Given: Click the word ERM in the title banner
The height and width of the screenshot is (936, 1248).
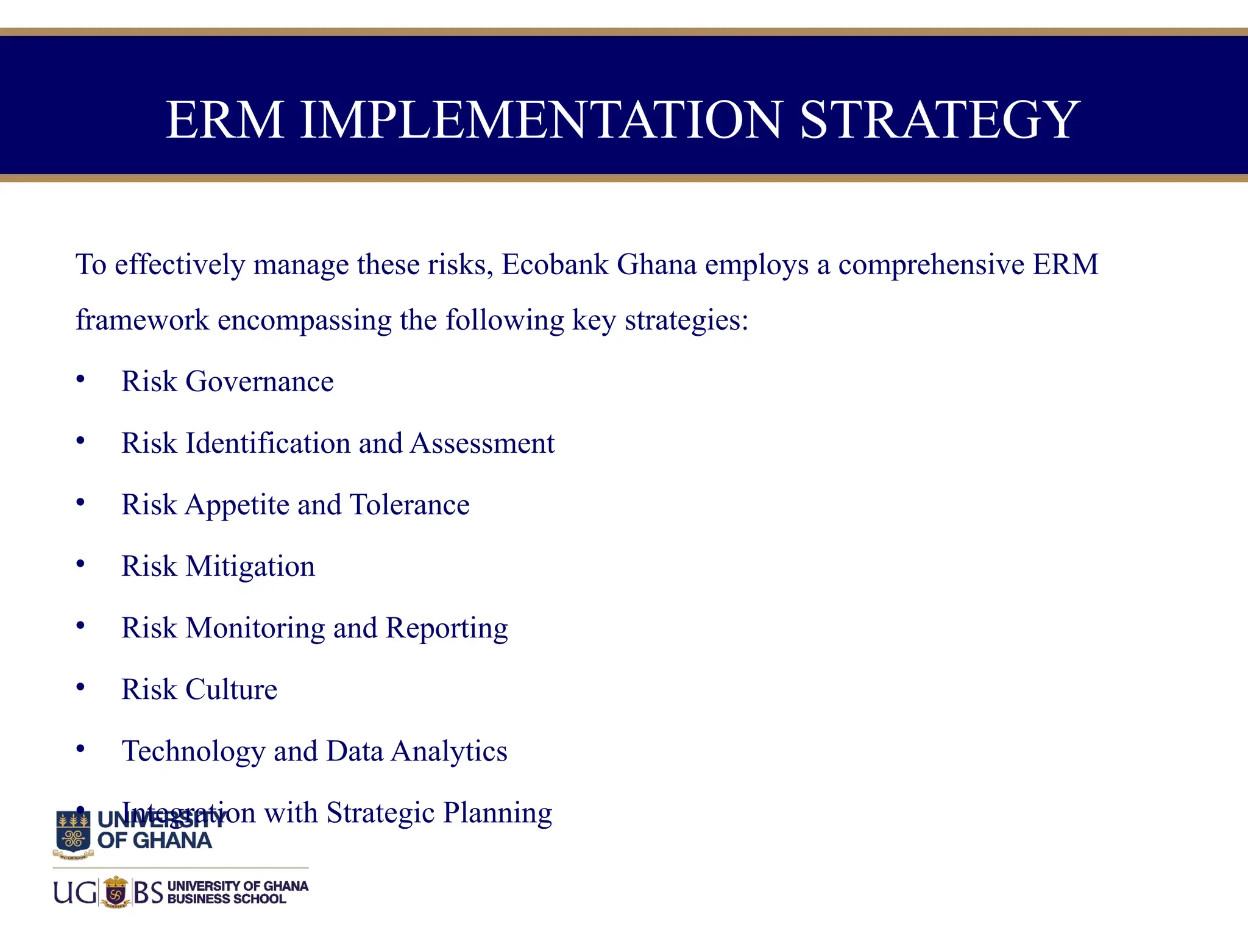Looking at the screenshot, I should [x=225, y=120].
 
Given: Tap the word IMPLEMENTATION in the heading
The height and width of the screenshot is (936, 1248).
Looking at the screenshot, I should [x=541, y=120].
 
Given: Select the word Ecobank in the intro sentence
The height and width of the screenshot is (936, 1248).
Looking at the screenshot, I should [x=555, y=265].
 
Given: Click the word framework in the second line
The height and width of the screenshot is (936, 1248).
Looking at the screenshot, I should [x=142, y=320].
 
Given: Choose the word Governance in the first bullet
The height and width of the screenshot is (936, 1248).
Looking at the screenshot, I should [x=260, y=382].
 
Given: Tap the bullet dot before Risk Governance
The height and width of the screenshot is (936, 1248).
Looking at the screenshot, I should [x=80, y=380].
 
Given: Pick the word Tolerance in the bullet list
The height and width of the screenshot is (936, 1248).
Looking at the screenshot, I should [x=409, y=505].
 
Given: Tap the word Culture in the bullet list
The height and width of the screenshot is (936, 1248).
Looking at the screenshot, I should [x=231, y=690].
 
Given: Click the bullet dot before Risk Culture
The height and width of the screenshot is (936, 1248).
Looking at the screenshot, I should [x=80, y=687].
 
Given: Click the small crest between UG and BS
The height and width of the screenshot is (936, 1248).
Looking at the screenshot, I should [x=115, y=892].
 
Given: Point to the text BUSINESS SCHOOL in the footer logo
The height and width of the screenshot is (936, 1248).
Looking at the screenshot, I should [x=226, y=899].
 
